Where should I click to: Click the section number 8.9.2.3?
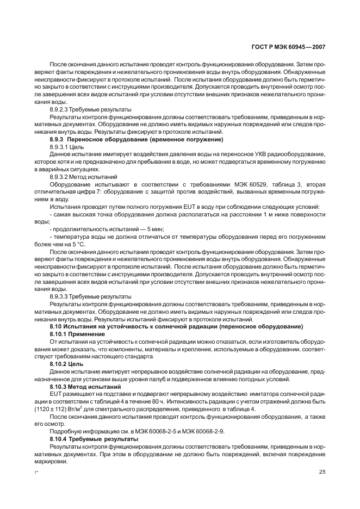[60, 109]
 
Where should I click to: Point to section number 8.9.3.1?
[60, 147]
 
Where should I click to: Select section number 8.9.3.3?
[60, 296]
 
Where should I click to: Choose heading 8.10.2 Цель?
[65, 363]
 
